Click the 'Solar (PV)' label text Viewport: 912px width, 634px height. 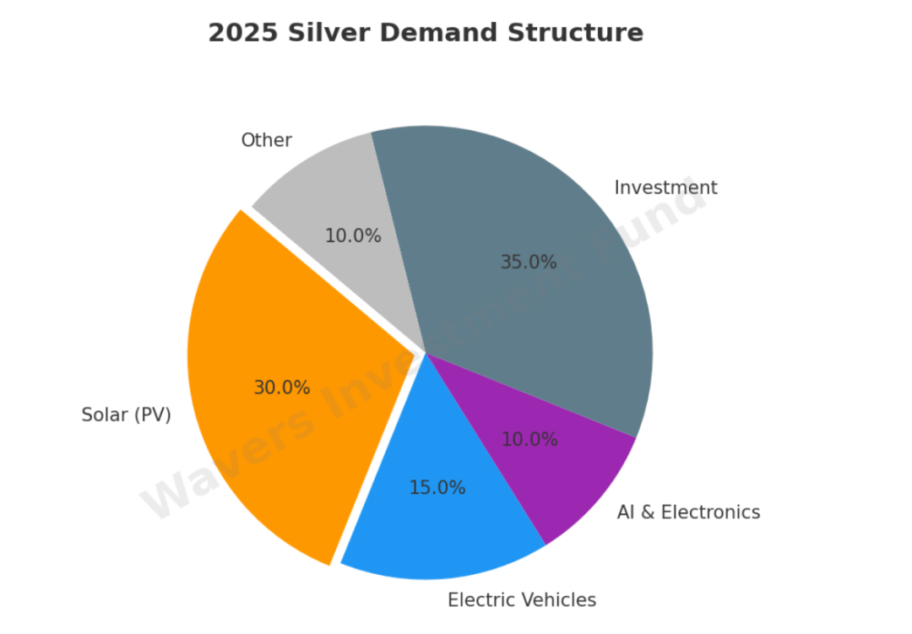(x=126, y=415)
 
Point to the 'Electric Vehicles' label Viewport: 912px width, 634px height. (x=521, y=600)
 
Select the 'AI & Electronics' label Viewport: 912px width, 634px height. (x=688, y=512)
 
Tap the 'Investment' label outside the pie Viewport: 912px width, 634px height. (x=665, y=187)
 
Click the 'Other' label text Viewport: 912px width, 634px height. (x=266, y=140)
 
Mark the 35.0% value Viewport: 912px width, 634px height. (x=528, y=263)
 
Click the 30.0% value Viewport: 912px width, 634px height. (x=282, y=387)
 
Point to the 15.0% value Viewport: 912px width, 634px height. (x=437, y=488)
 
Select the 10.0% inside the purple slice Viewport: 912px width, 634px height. (x=529, y=440)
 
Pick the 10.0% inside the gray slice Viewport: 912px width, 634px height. (x=353, y=236)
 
